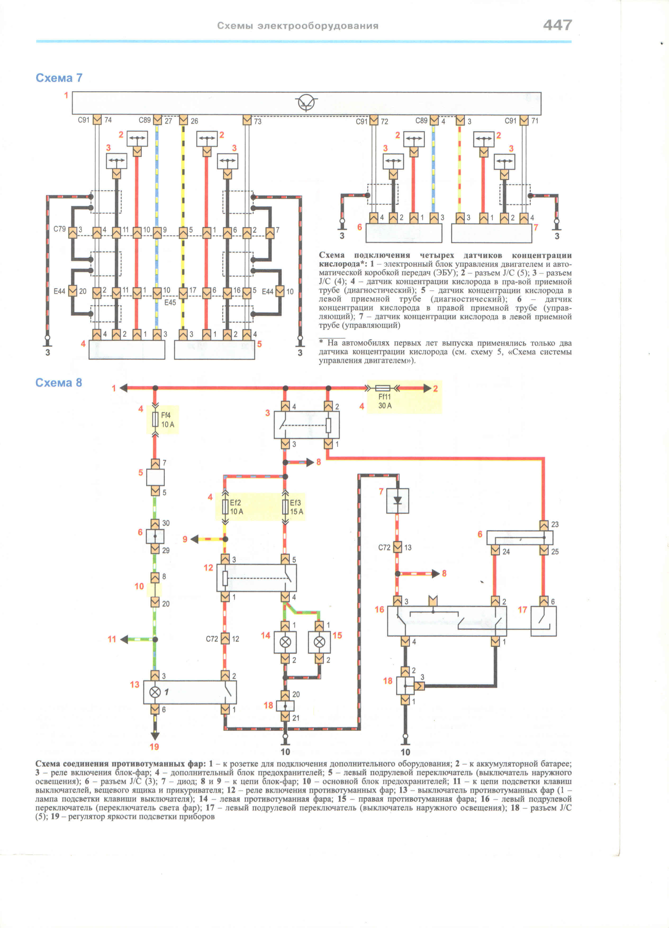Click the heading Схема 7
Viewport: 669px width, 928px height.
[x=59, y=78]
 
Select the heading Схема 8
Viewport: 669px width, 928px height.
[x=59, y=383]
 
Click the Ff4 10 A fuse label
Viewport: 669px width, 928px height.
[x=167, y=420]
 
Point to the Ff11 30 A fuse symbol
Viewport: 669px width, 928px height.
[x=382, y=388]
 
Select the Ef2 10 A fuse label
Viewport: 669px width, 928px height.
[x=236, y=507]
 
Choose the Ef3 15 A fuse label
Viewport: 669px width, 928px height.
[x=296, y=507]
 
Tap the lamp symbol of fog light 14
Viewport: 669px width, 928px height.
[x=285, y=642]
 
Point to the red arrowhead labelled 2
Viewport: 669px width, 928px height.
[x=427, y=388]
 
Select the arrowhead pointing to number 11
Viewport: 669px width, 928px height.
[x=124, y=639]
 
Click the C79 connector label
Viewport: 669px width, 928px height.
[x=60, y=229]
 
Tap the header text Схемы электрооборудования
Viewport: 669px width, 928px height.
[x=298, y=26]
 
